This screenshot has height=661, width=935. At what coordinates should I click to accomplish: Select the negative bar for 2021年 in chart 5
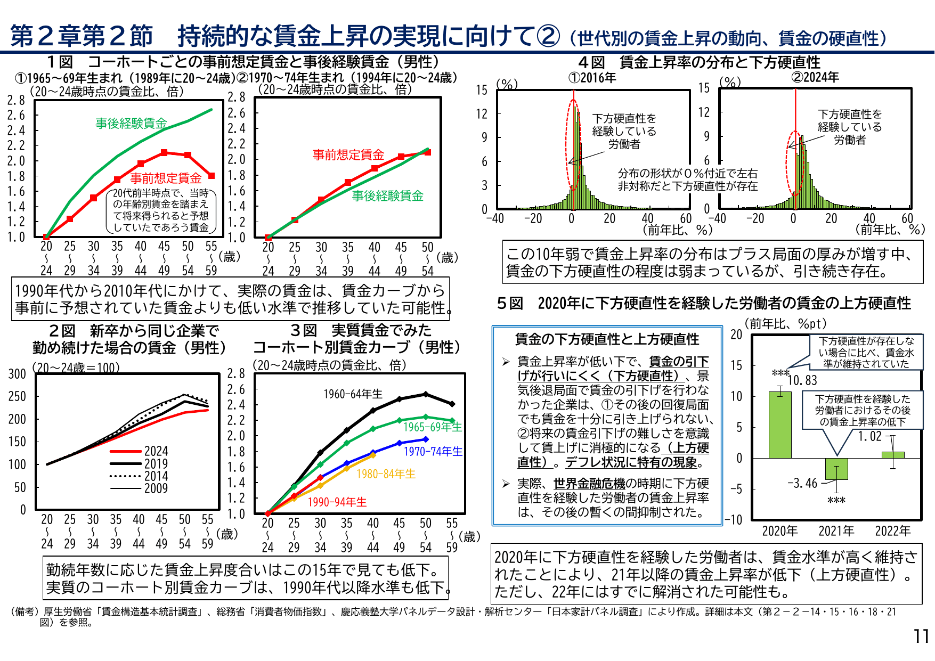[x=836, y=469]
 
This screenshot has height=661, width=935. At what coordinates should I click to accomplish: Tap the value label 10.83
[x=802, y=380]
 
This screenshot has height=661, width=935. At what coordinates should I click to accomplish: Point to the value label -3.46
[x=802, y=483]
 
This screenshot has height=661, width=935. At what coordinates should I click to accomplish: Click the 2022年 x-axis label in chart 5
[x=892, y=531]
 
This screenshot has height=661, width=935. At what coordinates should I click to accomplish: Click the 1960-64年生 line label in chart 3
[x=353, y=394]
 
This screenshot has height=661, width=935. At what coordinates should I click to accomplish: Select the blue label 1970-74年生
[x=433, y=452]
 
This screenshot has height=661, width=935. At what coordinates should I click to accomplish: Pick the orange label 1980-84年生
[x=386, y=474]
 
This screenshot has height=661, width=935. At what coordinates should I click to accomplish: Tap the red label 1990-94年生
[x=337, y=502]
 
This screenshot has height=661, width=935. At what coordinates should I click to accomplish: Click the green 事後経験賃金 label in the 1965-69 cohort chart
[x=131, y=124]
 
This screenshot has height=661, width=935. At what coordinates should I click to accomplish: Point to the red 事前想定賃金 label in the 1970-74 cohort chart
[x=348, y=155]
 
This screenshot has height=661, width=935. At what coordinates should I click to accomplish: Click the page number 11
[x=921, y=636]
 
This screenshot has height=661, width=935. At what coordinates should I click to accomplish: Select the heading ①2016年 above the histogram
[x=592, y=78]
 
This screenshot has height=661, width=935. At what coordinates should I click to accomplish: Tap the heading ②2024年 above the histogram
[x=815, y=77]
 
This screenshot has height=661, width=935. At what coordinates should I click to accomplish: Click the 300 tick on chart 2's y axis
[x=17, y=374]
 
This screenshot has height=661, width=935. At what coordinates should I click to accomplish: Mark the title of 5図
[x=703, y=303]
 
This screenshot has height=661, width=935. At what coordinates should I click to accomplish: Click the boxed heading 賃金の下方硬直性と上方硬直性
[x=607, y=339]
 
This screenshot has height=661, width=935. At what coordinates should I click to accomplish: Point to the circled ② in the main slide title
[x=549, y=36]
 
